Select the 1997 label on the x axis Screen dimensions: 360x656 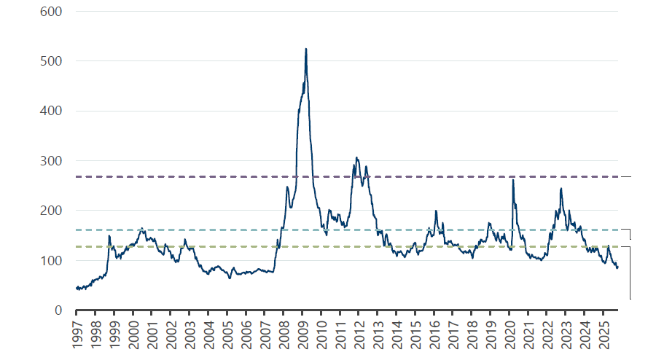point(77,332)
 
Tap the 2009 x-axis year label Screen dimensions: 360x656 point(302,332)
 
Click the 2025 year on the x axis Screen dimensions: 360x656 point(604,332)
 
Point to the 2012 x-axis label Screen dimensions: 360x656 point(359,332)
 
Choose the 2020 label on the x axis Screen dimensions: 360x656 point(510,332)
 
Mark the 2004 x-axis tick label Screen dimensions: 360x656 point(208,332)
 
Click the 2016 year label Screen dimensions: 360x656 point(434,332)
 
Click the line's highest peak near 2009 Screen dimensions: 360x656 point(305,49)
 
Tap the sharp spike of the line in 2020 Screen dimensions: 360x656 point(513,179)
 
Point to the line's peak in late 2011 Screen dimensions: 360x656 point(356,157)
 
